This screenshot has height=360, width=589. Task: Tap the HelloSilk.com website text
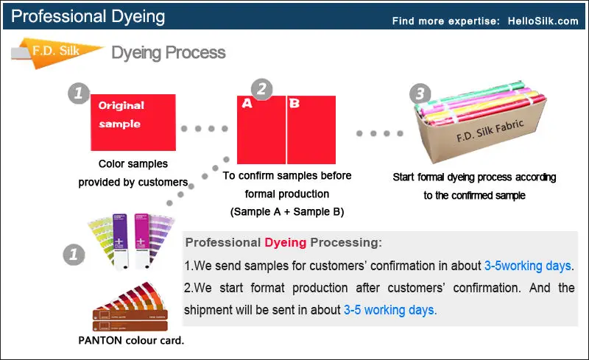click(543, 21)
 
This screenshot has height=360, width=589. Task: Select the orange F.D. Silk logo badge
click(55, 52)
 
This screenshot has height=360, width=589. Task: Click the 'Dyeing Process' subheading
click(168, 53)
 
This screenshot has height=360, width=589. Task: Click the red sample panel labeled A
click(261, 130)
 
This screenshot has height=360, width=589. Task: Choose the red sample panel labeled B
click(311, 130)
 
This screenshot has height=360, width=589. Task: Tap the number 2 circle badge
click(261, 89)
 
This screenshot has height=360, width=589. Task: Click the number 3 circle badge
click(420, 93)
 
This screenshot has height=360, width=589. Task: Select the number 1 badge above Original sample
click(79, 93)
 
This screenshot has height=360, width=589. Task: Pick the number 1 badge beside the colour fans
click(71, 255)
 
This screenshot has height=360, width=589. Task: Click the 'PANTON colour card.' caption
click(131, 340)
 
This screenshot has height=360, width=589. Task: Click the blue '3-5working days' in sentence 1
click(527, 265)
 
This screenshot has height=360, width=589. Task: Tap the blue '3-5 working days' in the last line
click(389, 310)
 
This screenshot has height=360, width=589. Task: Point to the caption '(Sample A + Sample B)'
click(288, 212)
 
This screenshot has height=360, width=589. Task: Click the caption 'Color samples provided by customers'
click(133, 173)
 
